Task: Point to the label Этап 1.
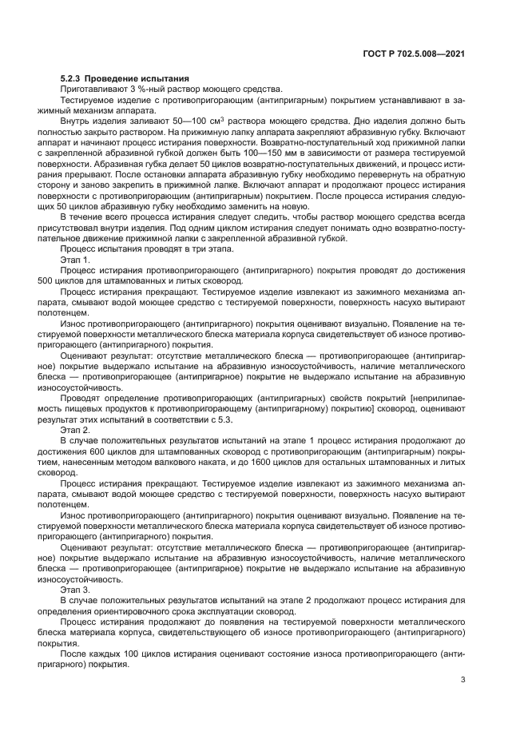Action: pyautogui.click(x=75, y=260)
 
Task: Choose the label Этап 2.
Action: pyautogui.click(x=75, y=429)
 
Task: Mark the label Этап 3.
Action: pyautogui.click(x=75, y=587)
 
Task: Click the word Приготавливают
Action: pyautogui.click(x=89, y=89)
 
